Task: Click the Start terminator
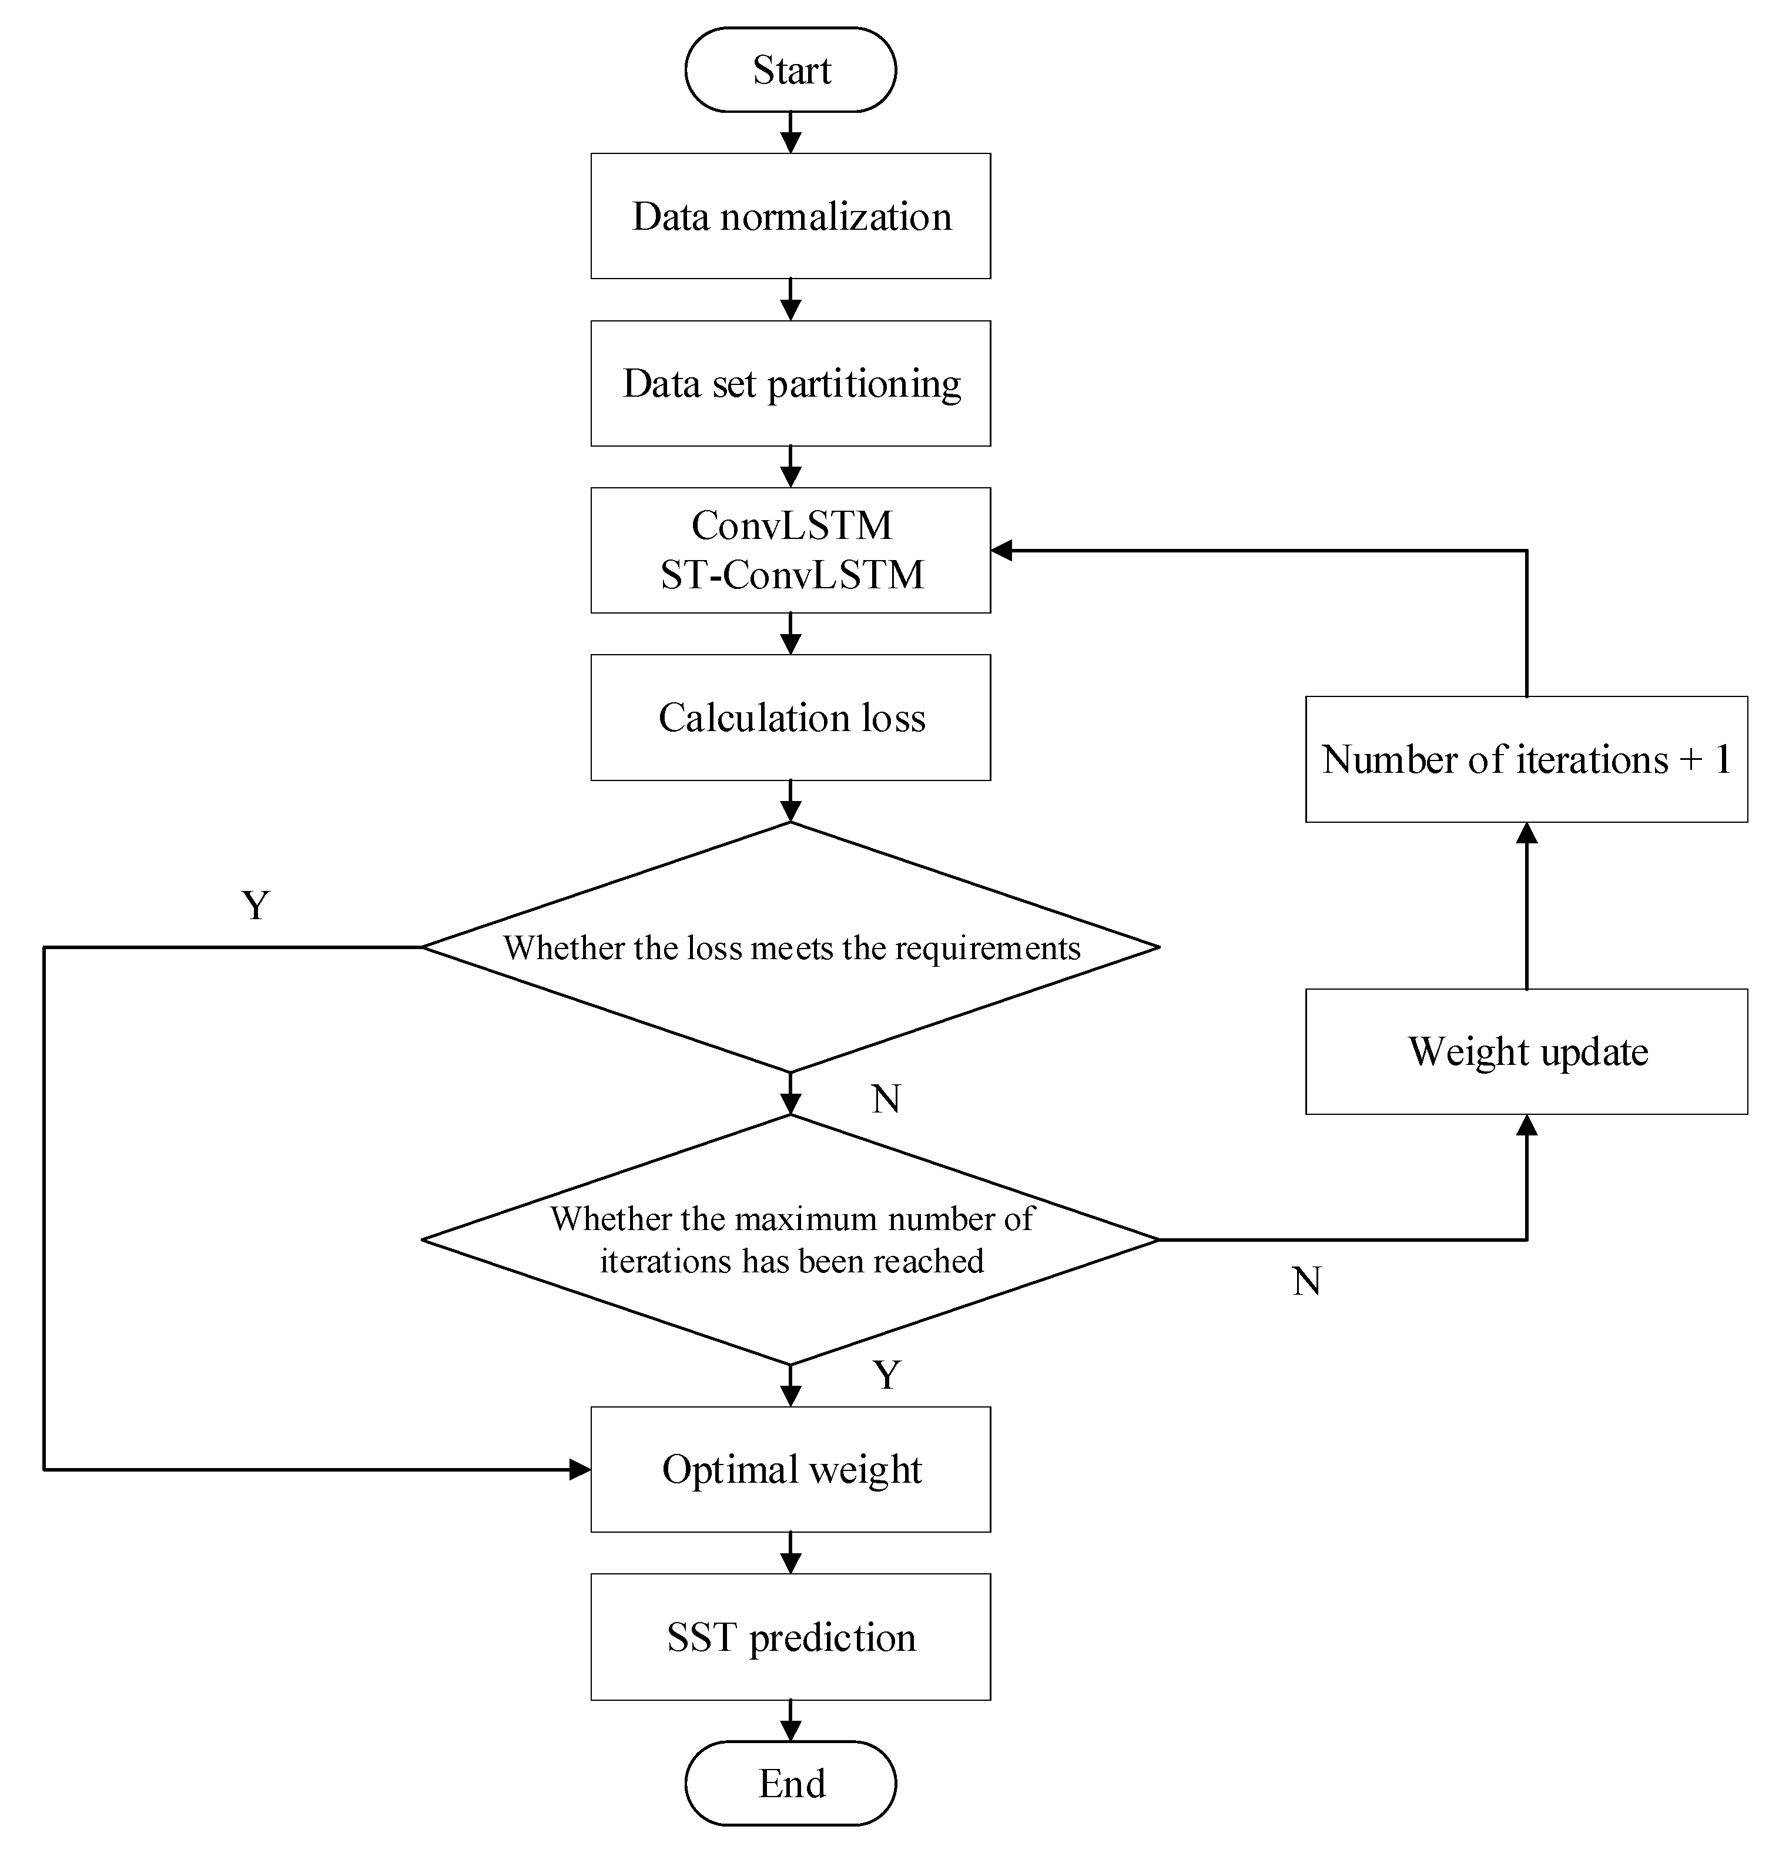tap(790, 70)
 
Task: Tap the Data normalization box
tap(790, 216)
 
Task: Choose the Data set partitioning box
tap(790, 384)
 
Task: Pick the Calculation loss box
tap(790, 718)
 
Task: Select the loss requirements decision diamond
tap(790, 947)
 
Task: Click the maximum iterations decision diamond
tap(790, 1239)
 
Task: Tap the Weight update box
tap(1526, 1051)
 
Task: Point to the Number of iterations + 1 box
tap(1526, 759)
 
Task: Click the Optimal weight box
tap(790, 1469)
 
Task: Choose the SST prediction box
tap(790, 1637)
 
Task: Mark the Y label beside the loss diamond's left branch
tap(255, 906)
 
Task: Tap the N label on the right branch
tap(1306, 1282)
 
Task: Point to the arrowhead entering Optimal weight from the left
tap(579, 1469)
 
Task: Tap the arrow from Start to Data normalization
tap(790, 132)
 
